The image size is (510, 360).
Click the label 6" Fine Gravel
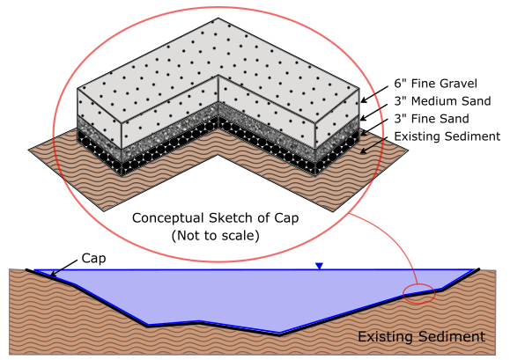pyautogui.click(x=435, y=84)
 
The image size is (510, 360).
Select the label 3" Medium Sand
pyautogui.click(x=442, y=101)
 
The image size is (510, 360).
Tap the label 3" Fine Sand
pyautogui.click(x=432, y=119)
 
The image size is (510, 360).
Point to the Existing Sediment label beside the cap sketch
pyautogui.click(x=447, y=136)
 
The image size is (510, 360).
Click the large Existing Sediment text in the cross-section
pyautogui.click(x=422, y=336)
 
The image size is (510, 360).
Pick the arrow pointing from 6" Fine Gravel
pyautogui.click(x=374, y=95)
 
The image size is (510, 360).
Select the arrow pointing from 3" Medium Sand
pyautogui.click(x=374, y=113)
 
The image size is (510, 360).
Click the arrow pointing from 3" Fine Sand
pyautogui.click(x=374, y=128)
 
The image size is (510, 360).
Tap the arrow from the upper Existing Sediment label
pyautogui.click(x=374, y=145)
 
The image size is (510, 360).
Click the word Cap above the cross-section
pyautogui.click(x=93, y=259)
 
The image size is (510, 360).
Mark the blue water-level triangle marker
pyautogui.click(x=319, y=266)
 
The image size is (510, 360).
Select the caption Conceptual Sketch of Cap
pyautogui.click(x=215, y=218)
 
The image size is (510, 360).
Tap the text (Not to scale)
pyautogui.click(x=215, y=236)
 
